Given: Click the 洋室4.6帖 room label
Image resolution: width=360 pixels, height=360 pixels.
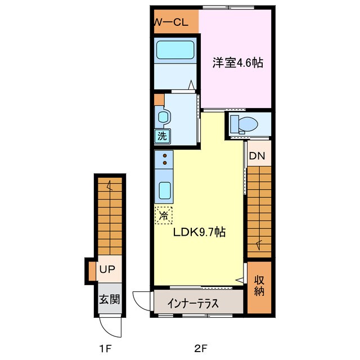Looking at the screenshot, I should [237, 63].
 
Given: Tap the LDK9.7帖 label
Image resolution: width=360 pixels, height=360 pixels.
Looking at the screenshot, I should [199, 232].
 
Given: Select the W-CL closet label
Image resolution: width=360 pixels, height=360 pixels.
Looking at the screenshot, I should [171, 22].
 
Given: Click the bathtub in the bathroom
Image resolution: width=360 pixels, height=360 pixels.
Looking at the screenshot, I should [174, 51].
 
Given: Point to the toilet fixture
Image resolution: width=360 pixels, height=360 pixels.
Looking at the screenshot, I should [243, 123].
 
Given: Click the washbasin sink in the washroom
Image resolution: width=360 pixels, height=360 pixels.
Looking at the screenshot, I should [163, 117].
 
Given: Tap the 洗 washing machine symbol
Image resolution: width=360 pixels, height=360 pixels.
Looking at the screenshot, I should [162, 136].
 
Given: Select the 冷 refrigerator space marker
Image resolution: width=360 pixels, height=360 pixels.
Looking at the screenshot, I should [164, 214].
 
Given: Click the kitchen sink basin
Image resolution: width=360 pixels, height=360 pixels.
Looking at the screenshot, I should [165, 191].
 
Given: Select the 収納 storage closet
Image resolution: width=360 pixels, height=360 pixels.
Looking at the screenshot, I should [259, 286].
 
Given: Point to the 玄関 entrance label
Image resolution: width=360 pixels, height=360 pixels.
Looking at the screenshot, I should [109, 299].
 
